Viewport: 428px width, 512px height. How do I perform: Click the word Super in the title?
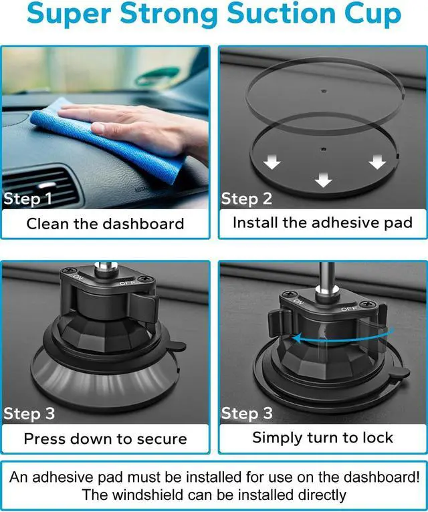(x=69, y=14)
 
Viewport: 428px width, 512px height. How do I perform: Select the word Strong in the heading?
(x=169, y=13)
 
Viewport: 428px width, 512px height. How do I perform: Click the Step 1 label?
(x=27, y=199)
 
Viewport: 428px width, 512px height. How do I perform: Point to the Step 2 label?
(x=246, y=199)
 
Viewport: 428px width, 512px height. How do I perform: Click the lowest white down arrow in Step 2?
(x=324, y=180)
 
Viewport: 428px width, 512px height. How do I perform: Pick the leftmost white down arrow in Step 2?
(x=272, y=162)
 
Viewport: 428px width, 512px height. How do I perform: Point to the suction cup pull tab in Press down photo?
(x=177, y=346)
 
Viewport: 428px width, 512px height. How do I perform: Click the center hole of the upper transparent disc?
(x=324, y=91)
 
